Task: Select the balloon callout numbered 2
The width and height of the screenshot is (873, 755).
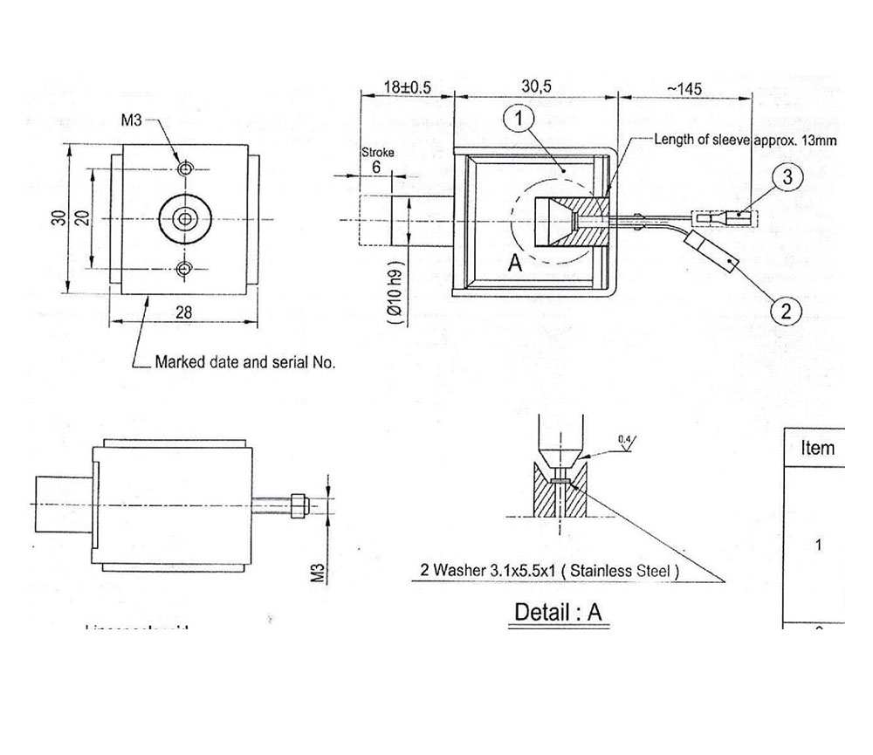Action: tap(785, 309)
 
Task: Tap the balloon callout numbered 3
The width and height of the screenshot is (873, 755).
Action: tap(787, 178)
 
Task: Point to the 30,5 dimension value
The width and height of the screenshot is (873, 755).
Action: tap(537, 88)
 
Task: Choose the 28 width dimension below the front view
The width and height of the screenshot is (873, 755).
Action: tap(184, 312)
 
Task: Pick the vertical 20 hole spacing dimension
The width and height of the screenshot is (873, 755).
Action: tap(82, 217)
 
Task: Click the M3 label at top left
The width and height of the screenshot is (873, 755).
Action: tap(132, 120)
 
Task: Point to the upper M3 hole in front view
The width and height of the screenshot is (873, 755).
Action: tap(184, 167)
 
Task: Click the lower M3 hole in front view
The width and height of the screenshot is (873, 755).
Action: tap(184, 268)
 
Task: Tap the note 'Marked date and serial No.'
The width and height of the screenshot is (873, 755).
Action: tap(244, 360)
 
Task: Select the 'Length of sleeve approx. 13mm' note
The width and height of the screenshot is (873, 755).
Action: tap(746, 140)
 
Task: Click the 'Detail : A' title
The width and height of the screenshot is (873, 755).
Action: tap(558, 612)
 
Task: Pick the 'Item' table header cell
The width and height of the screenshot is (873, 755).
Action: tap(817, 449)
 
